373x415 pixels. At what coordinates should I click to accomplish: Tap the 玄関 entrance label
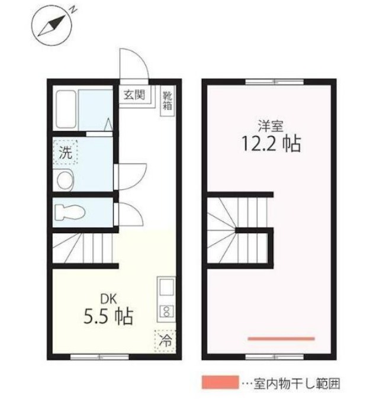click(x=133, y=95)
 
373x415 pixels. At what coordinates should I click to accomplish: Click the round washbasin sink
click(x=64, y=179)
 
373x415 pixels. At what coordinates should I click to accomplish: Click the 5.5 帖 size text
click(x=107, y=317)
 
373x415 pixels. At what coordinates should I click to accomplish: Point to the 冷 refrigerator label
click(x=166, y=340)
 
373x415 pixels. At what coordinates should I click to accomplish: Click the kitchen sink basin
click(x=165, y=288)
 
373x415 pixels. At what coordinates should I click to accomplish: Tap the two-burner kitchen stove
click(x=165, y=311)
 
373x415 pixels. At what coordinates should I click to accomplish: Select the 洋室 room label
click(x=269, y=126)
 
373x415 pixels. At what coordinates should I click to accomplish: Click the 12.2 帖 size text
click(x=269, y=144)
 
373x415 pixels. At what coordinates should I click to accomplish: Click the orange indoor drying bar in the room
click(x=281, y=339)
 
